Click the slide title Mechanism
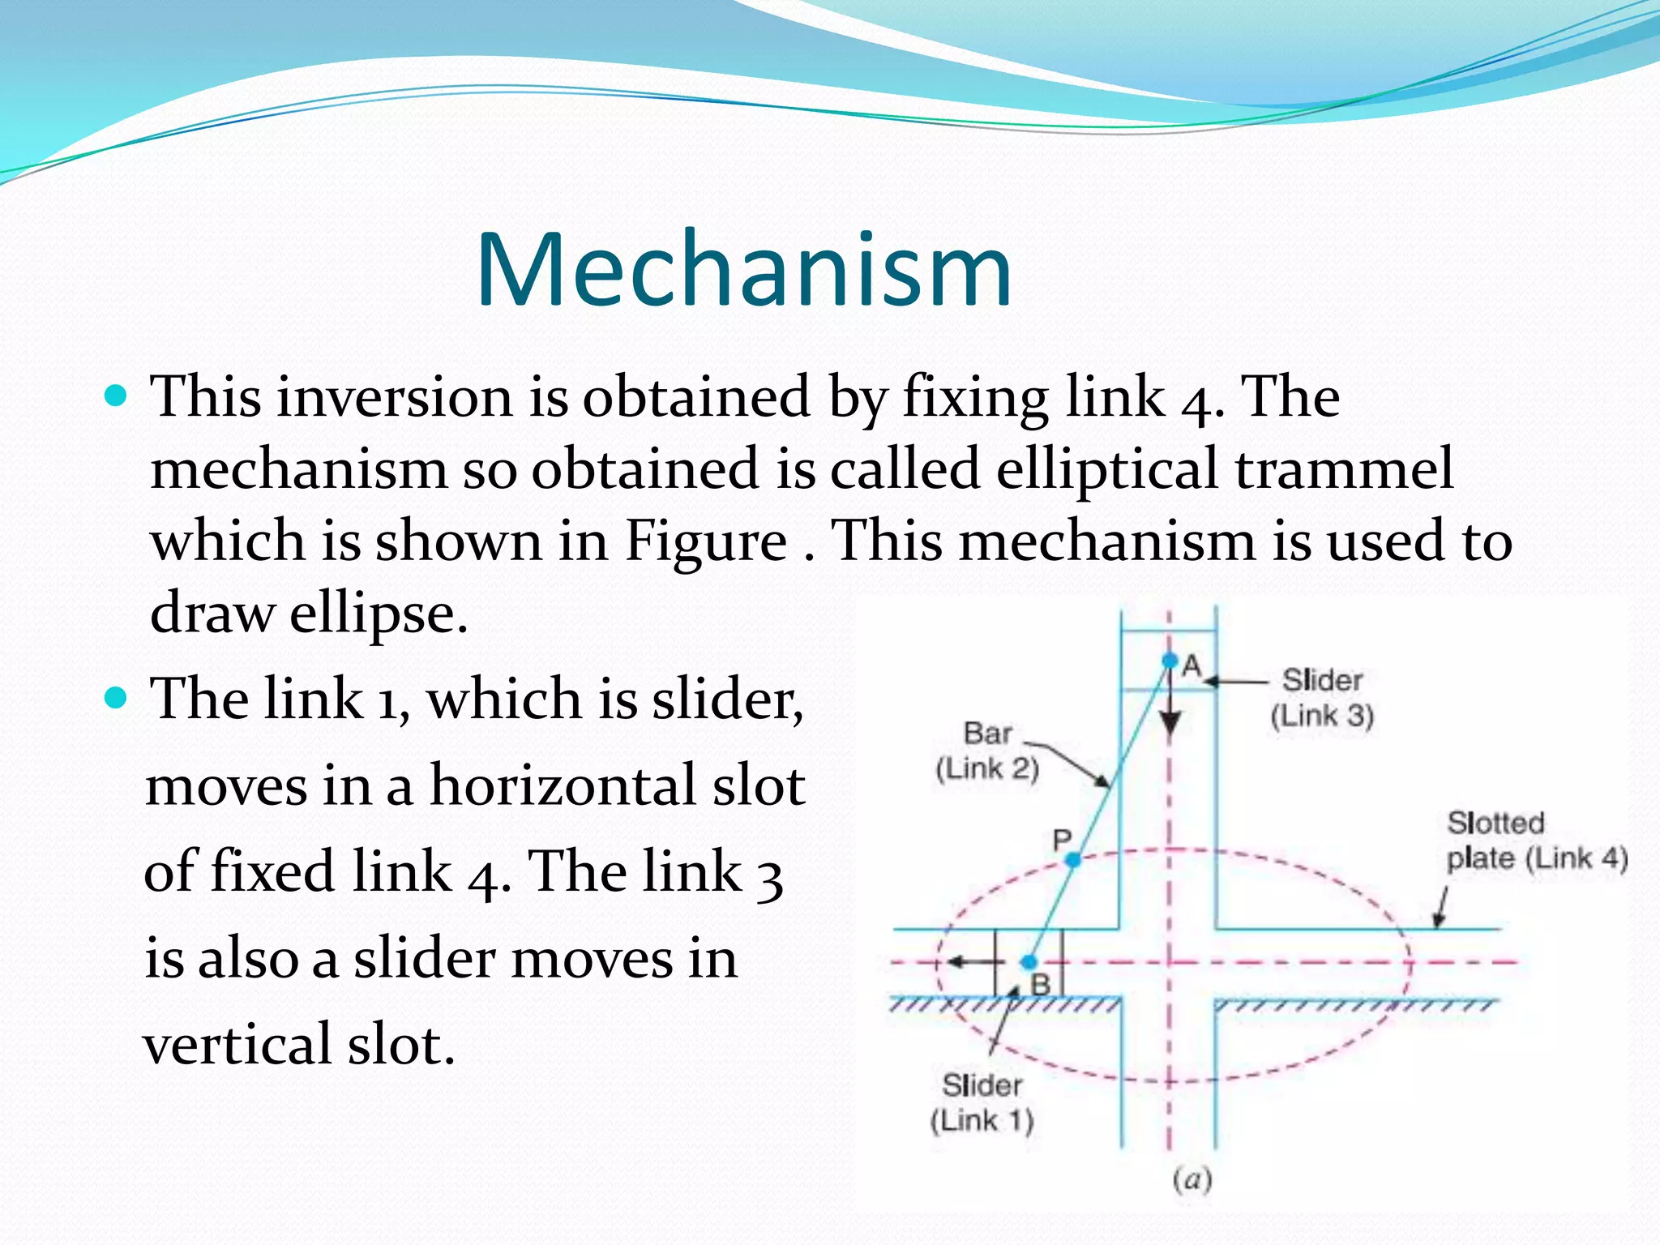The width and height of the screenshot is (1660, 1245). (744, 271)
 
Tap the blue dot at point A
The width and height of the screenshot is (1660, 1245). (1169, 661)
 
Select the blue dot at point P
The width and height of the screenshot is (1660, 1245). (1072, 859)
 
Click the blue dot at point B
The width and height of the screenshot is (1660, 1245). (1029, 962)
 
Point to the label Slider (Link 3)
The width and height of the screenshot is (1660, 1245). (1321, 698)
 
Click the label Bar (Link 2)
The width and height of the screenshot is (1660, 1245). (987, 751)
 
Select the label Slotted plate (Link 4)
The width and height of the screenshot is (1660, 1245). (1536, 841)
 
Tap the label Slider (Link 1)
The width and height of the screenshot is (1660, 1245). (982, 1102)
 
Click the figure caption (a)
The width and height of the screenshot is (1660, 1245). (1192, 1179)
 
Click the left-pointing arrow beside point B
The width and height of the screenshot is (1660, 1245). (969, 962)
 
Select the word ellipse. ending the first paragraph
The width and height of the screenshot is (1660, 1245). (379, 614)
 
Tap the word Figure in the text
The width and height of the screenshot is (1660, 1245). (706, 541)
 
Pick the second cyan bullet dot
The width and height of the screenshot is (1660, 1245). (118, 697)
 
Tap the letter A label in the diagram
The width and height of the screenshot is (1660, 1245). (1192, 666)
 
